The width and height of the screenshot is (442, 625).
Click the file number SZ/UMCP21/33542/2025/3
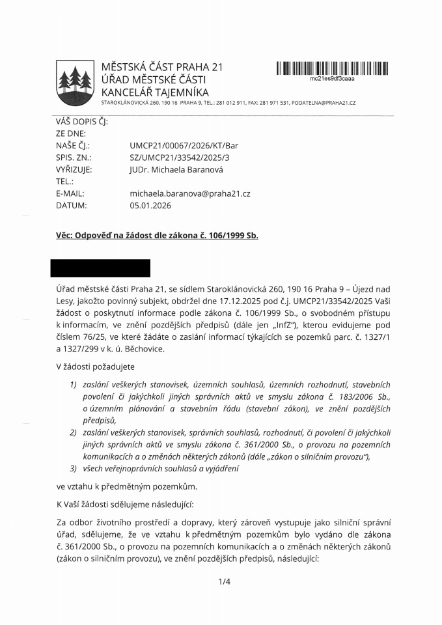176,158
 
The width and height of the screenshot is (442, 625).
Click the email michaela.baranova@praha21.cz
190,193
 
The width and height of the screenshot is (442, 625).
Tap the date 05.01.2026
150,205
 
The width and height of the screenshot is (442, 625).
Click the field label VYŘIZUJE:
74,169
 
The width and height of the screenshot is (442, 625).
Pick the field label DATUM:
71,205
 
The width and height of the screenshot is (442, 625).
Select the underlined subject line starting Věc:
157,236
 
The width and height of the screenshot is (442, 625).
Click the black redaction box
100,268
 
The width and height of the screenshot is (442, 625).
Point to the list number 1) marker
74,385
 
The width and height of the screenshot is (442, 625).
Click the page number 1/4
225,581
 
